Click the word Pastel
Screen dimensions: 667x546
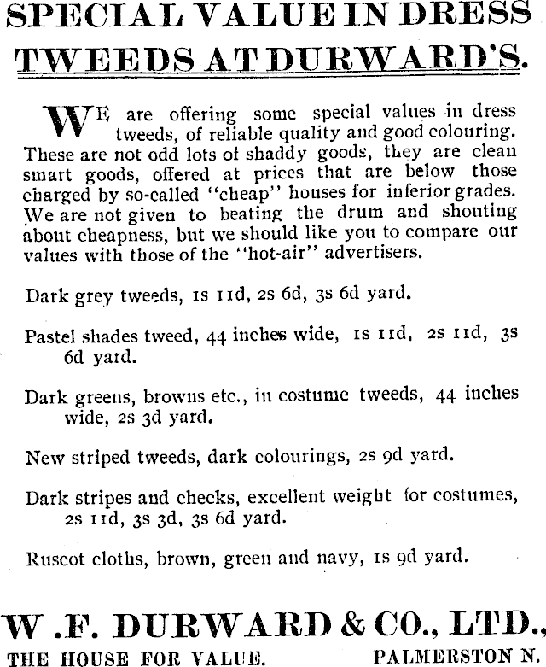(x=49, y=336)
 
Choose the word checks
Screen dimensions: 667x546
(x=195, y=497)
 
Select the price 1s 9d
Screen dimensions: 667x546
(x=396, y=559)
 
